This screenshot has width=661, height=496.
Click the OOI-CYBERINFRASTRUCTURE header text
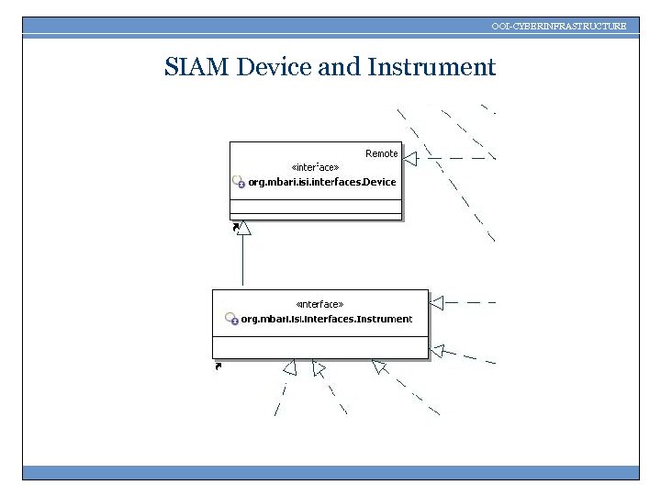click(x=558, y=26)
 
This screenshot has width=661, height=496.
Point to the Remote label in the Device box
click(x=382, y=153)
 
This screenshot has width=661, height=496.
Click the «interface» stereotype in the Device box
click(x=315, y=167)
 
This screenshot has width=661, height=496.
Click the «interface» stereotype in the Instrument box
click(x=320, y=304)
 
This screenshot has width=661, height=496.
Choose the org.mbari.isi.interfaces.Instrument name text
click(x=326, y=320)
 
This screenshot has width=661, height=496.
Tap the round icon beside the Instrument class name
click(x=231, y=320)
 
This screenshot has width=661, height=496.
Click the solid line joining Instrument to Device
click(x=242, y=262)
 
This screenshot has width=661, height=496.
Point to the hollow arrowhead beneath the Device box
click(x=242, y=229)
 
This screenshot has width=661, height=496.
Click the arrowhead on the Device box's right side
click(x=409, y=158)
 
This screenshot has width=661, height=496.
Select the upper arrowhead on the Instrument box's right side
click(x=437, y=301)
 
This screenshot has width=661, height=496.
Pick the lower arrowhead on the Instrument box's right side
click(x=438, y=350)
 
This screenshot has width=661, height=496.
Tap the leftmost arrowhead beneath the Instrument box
click(x=289, y=368)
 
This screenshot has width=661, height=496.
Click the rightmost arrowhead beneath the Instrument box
click(x=378, y=366)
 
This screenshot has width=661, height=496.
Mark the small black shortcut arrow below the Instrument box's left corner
click(x=218, y=366)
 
